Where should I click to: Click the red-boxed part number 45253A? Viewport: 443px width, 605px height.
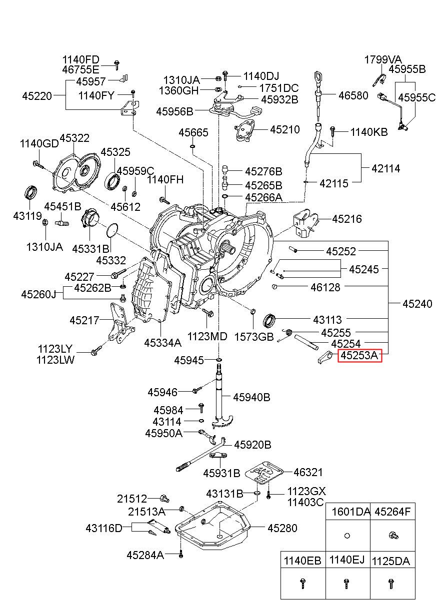[359, 355]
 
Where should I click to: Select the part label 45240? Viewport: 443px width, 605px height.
[417, 304]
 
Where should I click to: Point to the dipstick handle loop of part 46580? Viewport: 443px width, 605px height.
[318, 79]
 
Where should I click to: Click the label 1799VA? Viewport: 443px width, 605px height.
[383, 59]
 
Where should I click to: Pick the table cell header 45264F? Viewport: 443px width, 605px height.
[392, 511]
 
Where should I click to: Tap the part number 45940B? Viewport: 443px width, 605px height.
[251, 397]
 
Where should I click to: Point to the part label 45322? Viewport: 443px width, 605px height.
[74, 138]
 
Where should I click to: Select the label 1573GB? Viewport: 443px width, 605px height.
[254, 337]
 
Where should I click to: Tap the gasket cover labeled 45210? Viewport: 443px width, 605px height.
[245, 131]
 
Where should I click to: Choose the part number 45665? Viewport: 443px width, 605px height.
[193, 132]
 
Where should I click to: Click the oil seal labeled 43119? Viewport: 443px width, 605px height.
[31, 192]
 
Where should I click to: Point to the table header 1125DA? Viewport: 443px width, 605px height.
[391, 562]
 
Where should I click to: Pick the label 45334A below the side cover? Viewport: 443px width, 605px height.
[162, 343]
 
